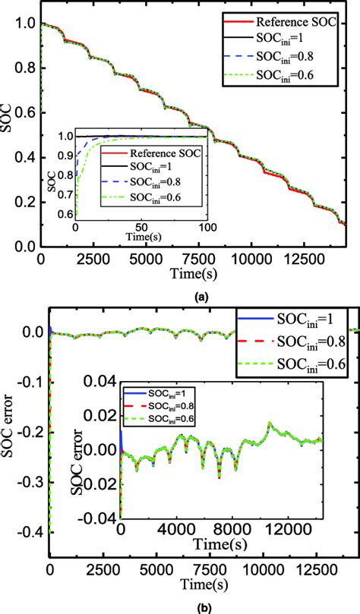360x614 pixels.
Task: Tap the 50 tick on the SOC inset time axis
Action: [141, 228]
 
